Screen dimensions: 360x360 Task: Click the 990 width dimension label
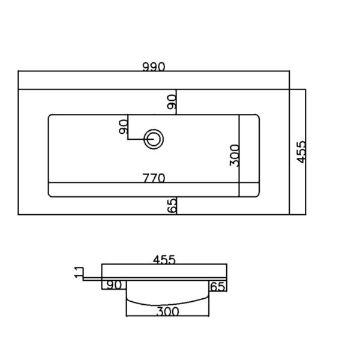[154, 67]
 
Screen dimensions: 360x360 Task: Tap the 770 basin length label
[154, 178]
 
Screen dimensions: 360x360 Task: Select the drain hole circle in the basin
[154, 139]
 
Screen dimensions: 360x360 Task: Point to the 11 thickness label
[79, 272]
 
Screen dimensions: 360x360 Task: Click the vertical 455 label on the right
[301, 152]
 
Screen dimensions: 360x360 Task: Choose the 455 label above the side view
[164, 260]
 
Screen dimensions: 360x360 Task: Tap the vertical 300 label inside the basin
[235, 155]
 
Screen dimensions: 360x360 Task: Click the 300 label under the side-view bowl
[167, 311]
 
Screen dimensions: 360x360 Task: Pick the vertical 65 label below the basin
[172, 205]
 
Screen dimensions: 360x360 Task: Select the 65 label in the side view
[217, 287]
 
